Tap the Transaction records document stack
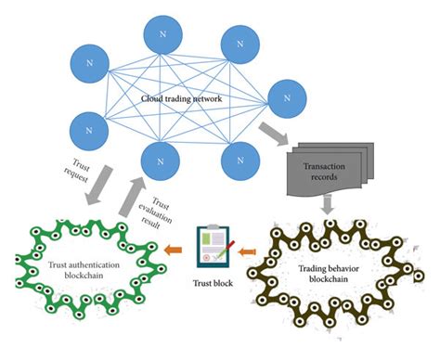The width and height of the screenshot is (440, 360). [x=325, y=172]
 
